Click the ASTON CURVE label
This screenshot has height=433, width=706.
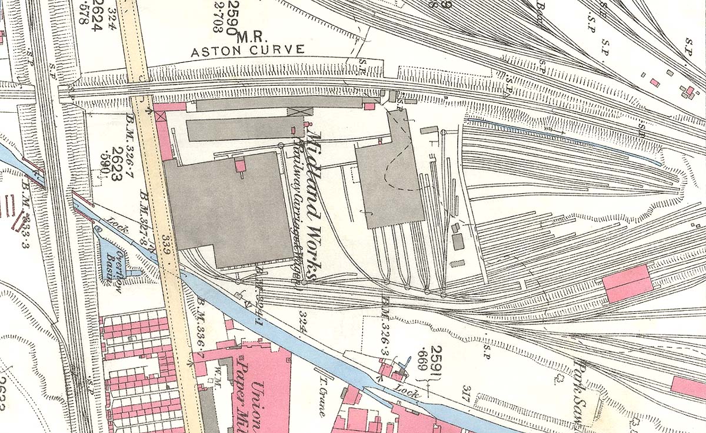248,51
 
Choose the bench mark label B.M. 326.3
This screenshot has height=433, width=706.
385,319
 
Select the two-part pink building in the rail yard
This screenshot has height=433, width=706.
628,283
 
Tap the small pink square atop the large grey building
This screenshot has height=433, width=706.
240,165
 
